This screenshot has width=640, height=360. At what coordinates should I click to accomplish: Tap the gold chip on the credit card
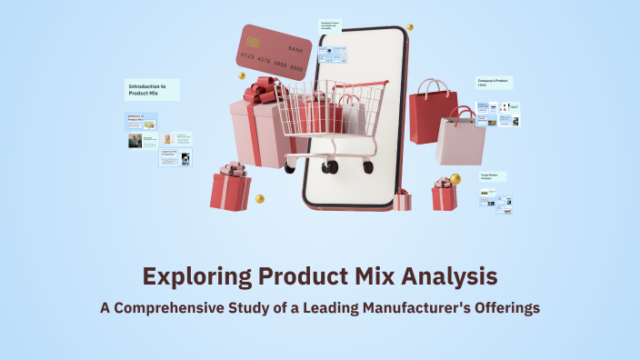[252, 42]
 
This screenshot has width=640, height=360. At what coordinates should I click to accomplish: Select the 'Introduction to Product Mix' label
[151, 89]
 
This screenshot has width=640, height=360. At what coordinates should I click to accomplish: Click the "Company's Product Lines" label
[494, 83]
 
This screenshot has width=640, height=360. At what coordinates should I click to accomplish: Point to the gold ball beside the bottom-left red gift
[260, 198]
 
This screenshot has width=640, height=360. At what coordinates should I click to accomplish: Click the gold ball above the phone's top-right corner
[410, 28]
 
